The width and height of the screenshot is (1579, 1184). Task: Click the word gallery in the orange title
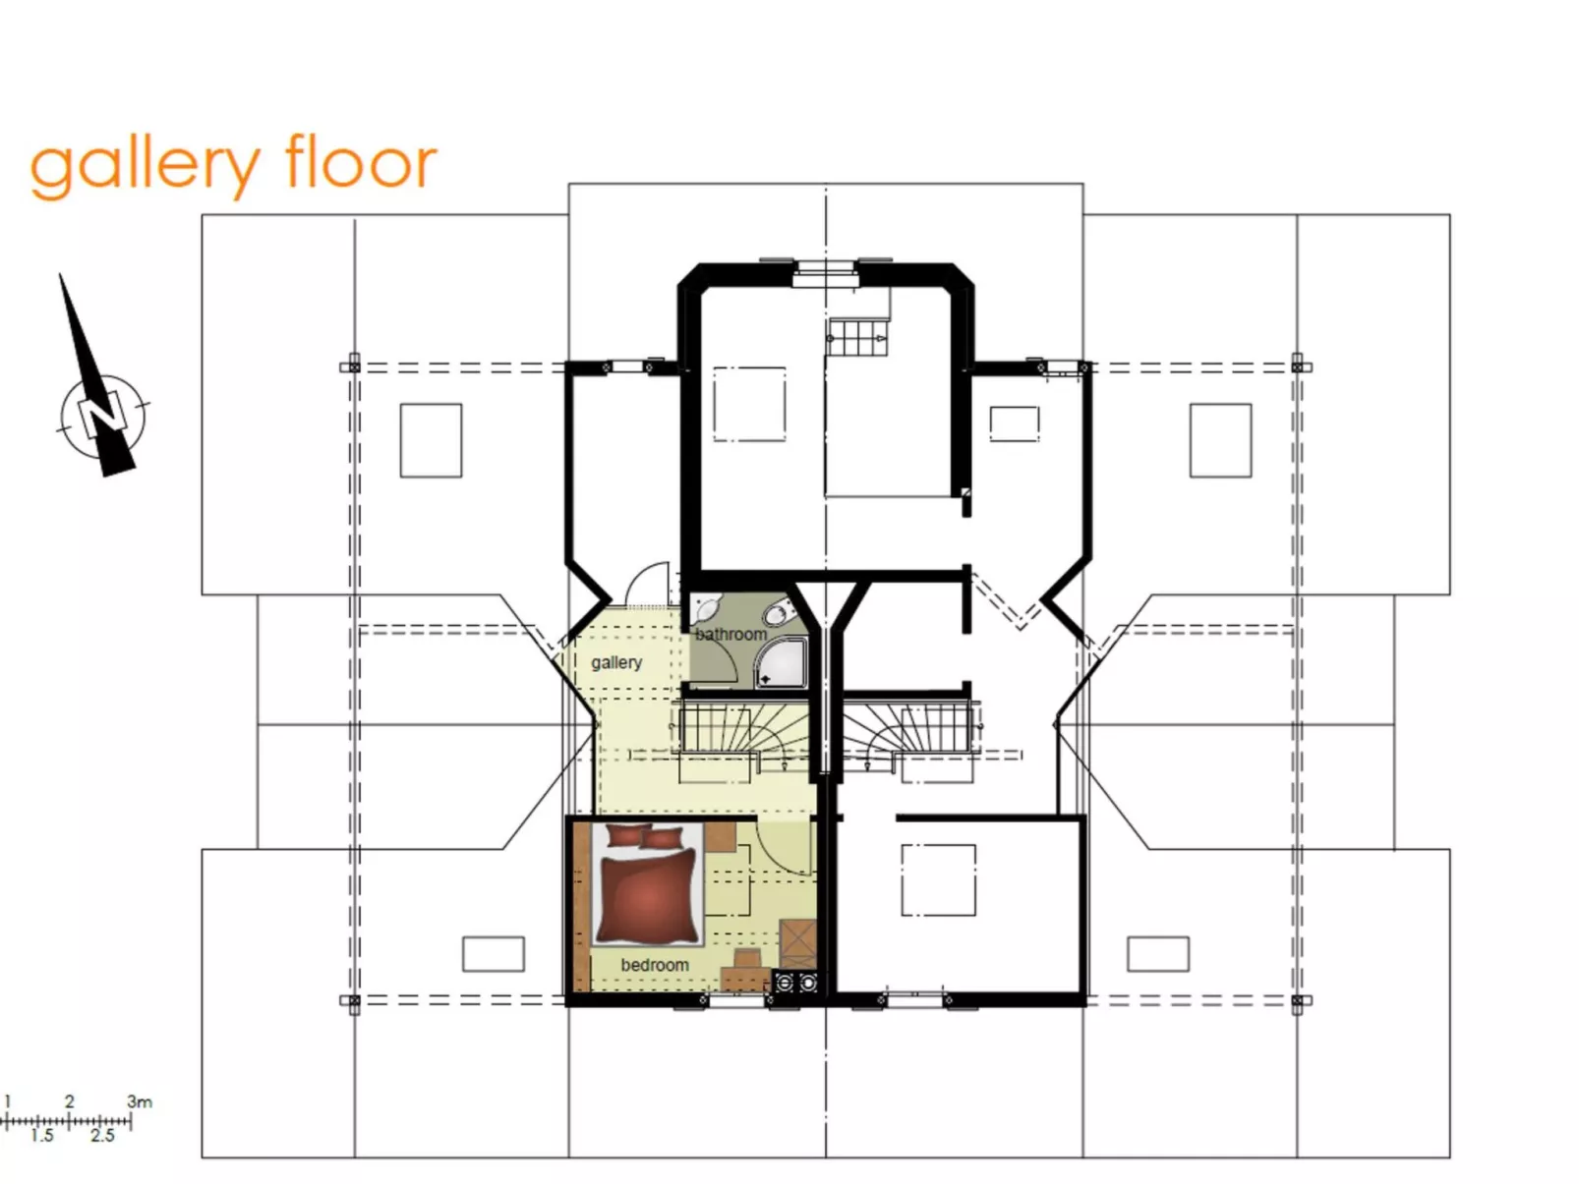click(x=146, y=165)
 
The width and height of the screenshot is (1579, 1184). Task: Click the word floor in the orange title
click(x=360, y=162)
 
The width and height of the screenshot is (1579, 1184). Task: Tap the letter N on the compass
click(x=102, y=414)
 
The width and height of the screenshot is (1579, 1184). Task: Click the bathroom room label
click(x=731, y=635)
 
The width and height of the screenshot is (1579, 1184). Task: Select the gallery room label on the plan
click(x=616, y=662)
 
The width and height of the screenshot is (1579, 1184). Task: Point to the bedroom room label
click(x=654, y=965)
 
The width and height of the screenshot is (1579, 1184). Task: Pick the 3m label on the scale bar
click(x=140, y=1101)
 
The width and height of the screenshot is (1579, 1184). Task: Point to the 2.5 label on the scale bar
click(x=102, y=1136)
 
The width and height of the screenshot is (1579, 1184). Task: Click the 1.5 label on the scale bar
click(x=41, y=1136)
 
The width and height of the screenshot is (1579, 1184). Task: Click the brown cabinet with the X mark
click(x=796, y=942)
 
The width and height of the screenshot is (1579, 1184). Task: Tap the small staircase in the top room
click(x=857, y=338)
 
